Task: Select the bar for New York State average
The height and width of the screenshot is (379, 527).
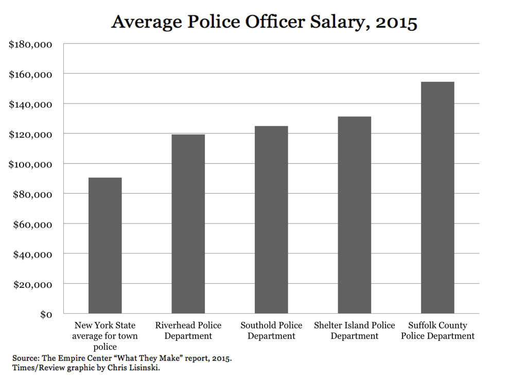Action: (105, 246)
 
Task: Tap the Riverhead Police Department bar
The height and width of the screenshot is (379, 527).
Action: (188, 224)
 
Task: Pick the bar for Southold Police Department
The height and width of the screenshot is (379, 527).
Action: (271, 220)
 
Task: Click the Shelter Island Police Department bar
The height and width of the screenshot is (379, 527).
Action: (354, 215)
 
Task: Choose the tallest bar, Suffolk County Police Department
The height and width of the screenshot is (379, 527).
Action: (437, 198)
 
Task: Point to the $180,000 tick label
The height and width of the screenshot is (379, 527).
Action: (31, 44)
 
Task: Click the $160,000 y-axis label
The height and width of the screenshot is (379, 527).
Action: (31, 74)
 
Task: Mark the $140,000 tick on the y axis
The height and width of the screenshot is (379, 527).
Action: (31, 104)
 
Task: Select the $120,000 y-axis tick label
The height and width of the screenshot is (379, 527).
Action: (31, 134)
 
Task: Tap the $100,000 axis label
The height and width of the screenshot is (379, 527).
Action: (31, 164)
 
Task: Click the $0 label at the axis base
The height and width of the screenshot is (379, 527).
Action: (45, 314)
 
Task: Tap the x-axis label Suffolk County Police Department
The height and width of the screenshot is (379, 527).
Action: (437, 331)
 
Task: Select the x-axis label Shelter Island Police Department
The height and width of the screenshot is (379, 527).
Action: (354, 331)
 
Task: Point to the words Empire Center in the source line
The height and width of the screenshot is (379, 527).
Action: (87, 357)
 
